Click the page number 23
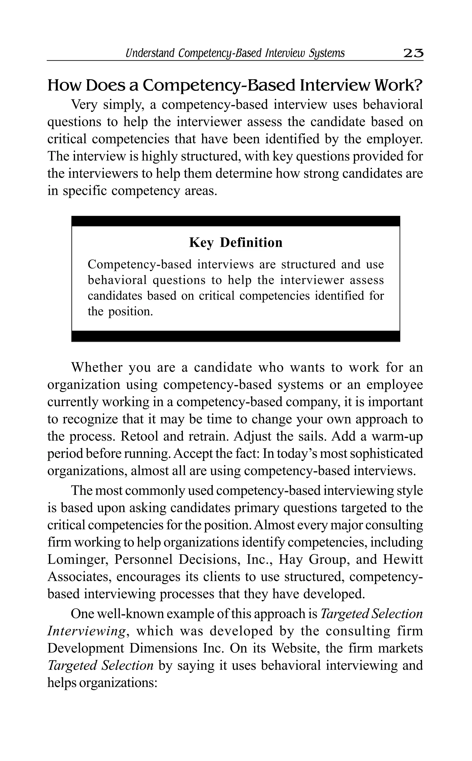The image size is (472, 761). click(413, 53)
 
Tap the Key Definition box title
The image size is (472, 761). click(236, 242)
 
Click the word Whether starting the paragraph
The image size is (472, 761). click(97, 367)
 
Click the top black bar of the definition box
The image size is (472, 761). click(236, 221)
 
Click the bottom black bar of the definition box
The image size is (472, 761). click(236, 336)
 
